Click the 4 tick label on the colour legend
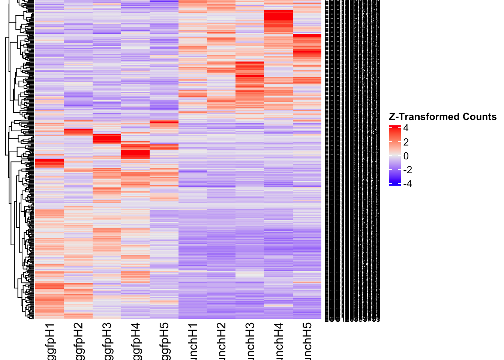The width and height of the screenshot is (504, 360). [x=406, y=128]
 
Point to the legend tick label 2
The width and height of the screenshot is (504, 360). [x=406, y=142]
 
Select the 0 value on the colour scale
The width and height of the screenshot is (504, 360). [x=406, y=156]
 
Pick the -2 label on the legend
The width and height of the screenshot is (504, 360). [x=408, y=170]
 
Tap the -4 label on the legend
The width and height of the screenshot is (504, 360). [x=408, y=184]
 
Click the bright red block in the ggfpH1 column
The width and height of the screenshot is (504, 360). [x=49, y=163]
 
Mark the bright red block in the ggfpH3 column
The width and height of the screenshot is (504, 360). [x=107, y=139]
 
